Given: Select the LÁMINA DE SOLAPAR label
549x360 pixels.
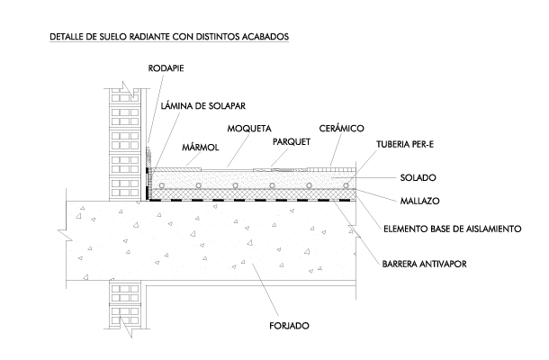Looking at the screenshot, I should pyautogui.click(x=202, y=105).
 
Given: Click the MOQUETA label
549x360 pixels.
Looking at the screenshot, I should pyautogui.click(x=249, y=129).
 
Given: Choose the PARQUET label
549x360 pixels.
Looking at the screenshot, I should pyautogui.click(x=291, y=141).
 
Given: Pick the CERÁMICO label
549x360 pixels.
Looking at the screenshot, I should pyautogui.click(x=341, y=129).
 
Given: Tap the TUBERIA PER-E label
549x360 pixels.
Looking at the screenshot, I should pyautogui.click(x=410, y=144).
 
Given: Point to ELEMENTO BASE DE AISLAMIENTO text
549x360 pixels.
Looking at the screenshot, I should pyautogui.click(x=453, y=229).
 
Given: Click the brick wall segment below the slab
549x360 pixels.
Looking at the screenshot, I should pyautogui.click(x=121, y=324).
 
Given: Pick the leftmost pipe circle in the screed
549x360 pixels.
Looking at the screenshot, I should pyautogui.click(x=160, y=185).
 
